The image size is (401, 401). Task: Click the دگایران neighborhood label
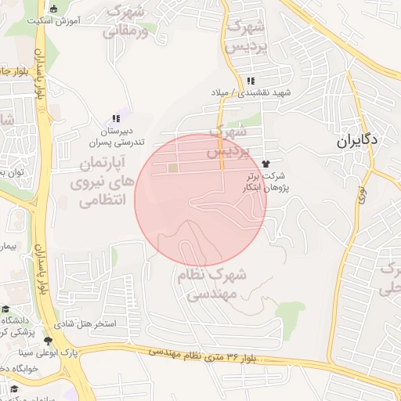[358, 142]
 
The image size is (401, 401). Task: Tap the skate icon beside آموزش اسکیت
[53, 9]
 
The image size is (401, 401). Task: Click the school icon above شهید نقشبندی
[250, 81]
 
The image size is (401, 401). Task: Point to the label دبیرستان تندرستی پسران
[116, 137]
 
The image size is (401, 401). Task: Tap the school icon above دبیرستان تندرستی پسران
[116, 118]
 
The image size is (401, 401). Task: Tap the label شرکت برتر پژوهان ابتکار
[266, 182]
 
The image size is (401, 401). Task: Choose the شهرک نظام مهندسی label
[212, 284]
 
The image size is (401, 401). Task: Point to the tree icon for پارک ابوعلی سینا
[49, 341]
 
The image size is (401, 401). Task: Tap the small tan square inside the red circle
[172, 168]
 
